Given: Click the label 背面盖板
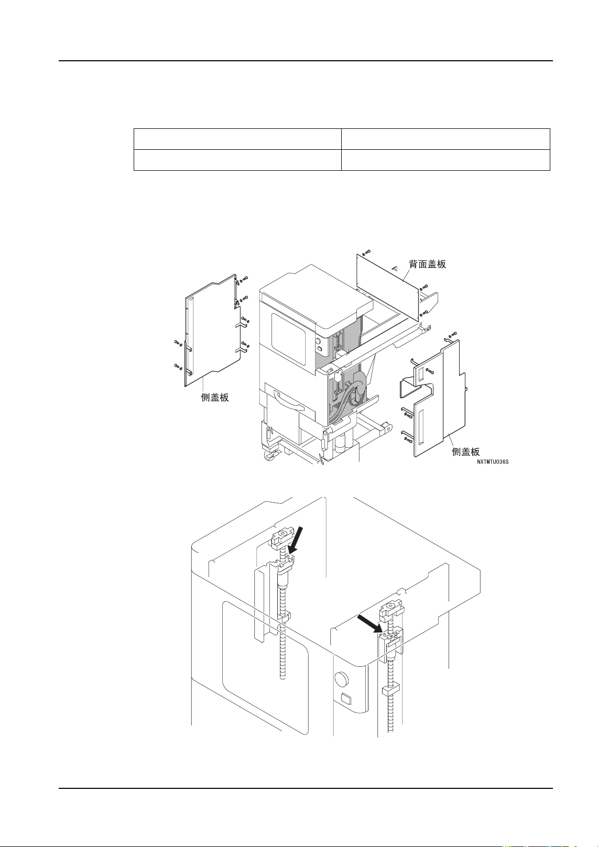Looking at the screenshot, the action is pyautogui.click(x=427, y=264).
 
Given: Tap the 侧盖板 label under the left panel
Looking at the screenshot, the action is pyautogui.click(x=215, y=398).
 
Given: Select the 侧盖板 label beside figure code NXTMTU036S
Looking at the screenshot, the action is pyautogui.click(x=465, y=452).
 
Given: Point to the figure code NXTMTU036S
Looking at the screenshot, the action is pyautogui.click(x=492, y=462).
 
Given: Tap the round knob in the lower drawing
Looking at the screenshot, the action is pyautogui.click(x=341, y=680).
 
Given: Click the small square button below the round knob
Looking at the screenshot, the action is pyautogui.click(x=344, y=699).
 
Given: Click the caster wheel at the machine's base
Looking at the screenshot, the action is pyautogui.click(x=270, y=457).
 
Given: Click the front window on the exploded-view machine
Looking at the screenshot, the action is pyautogui.click(x=288, y=340).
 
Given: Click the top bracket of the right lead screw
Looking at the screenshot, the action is pyautogui.click(x=392, y=610).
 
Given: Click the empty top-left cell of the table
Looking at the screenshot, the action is pyautogui.click(x=237, y=139).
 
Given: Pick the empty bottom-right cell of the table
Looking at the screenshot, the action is pyautogui.click(x=445, y=160).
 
